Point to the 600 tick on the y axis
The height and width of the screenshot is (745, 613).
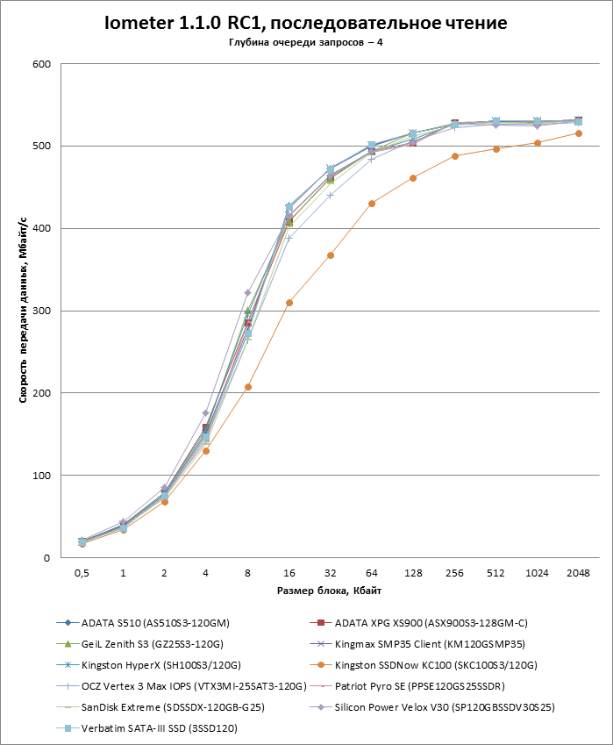(40, 64)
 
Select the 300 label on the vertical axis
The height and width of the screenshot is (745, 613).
(40, 311)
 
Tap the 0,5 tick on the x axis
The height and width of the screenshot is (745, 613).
(82, 571)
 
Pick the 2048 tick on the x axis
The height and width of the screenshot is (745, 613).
(579, 571)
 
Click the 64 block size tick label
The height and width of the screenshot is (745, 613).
(372, 571)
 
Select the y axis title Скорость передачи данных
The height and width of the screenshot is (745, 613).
(24, 311)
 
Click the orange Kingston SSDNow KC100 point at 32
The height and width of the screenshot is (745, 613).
(331, 255)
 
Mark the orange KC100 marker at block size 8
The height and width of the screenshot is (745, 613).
(248, 387)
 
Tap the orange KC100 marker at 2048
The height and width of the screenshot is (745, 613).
(579, 133)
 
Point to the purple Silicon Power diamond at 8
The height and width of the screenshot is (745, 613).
(248, 292)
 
